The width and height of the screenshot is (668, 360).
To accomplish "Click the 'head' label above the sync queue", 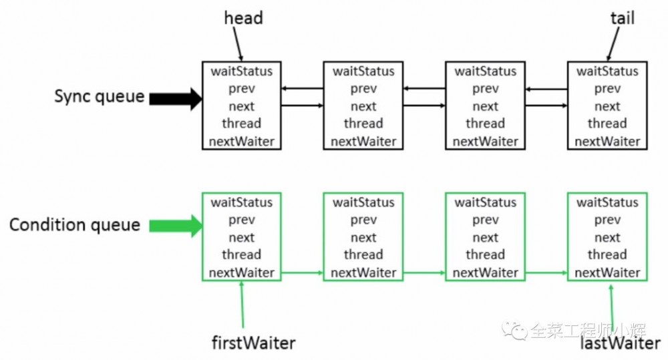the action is [243, 18].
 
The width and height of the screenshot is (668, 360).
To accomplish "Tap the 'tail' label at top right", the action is [623, 18].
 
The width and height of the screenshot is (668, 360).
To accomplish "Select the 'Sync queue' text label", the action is [100, 96].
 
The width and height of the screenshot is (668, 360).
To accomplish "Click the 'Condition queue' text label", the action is [75, 224].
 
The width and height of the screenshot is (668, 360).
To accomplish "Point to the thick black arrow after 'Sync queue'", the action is [176, 99].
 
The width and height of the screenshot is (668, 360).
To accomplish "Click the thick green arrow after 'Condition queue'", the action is [176, 226].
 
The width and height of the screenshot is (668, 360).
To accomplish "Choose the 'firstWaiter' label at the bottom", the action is [253, 343].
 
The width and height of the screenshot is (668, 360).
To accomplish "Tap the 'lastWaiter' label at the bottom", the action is [621, 343].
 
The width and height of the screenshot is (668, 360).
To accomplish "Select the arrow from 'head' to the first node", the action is [238, 44].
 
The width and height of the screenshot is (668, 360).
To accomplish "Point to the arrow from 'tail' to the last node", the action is [613, 44].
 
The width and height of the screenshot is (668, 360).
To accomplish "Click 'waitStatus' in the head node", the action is [242, 71].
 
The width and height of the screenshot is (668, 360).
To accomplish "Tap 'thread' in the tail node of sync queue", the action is [607, 124].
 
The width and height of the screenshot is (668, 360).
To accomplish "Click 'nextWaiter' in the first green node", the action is [242, 273].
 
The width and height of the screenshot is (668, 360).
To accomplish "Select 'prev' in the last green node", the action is [607, 220].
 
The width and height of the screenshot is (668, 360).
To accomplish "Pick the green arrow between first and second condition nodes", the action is [302, 273].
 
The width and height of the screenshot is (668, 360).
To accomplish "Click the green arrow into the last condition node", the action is [546, 273].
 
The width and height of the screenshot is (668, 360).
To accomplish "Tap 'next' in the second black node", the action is [363, 106].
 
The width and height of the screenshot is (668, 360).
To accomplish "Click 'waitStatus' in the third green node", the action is [485, 202].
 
